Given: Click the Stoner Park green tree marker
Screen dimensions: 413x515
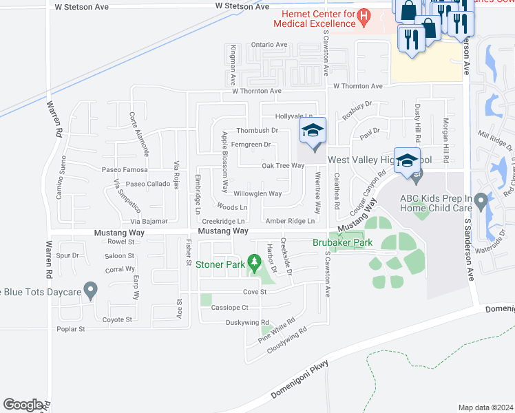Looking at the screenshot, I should pyautogui.click(x=255, y=262).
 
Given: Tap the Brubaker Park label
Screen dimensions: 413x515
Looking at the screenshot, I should pyautogui.click(x=342, y=243).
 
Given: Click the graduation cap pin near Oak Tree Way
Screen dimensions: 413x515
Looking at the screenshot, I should pyautogui.click(x=313, y=131).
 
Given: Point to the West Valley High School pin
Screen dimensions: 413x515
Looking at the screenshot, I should pyautogui.click(x=407, y=161).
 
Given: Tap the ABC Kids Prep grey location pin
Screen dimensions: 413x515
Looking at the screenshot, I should pyautogui.click(x=481, y=202).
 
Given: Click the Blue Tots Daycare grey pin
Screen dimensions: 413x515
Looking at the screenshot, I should pyautogui.click(x=90, y=290).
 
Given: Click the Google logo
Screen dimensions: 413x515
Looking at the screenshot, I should pyautogui.click(x=23, y=405).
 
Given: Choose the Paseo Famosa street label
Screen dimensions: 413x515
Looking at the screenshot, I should pyautogui.click(x=125, y=169).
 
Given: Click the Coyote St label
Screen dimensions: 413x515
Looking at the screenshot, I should pyautogui.click(x=116, y=320).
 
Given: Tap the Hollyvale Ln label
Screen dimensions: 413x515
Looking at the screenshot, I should pyautogui.click(x=294, y=116).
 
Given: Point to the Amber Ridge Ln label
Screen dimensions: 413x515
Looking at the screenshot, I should pyautogui.click(x=290, y=221).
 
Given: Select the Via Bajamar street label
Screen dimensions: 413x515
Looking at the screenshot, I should pyautogui.click(x=149, y=222).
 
